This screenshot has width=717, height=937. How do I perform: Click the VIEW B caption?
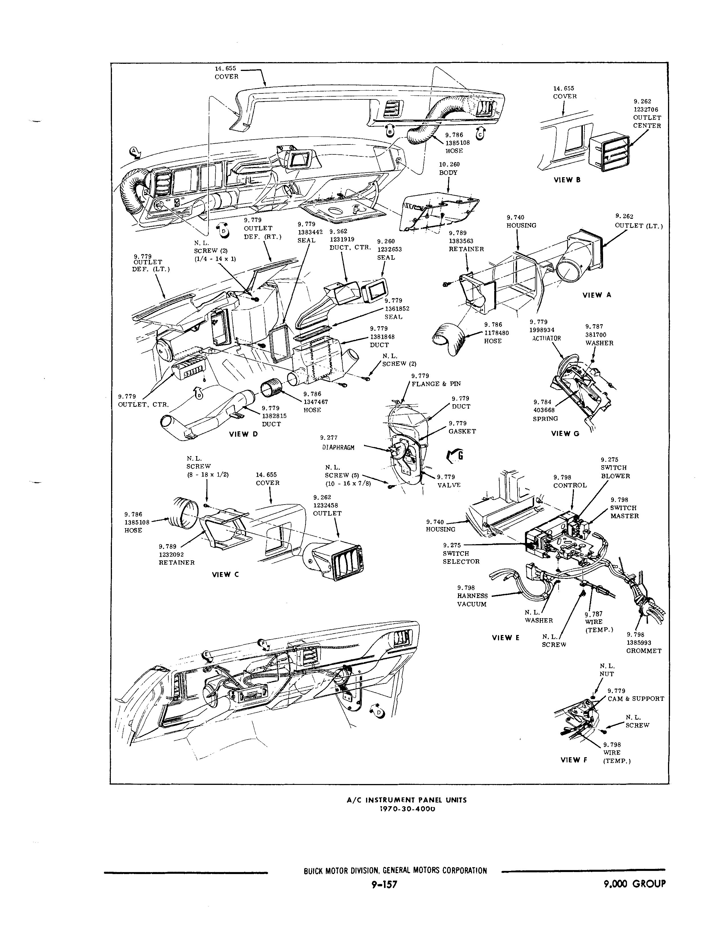pos(567,180)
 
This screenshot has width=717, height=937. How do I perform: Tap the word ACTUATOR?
pos(546,338)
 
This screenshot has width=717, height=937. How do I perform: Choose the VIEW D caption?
pos(243,434)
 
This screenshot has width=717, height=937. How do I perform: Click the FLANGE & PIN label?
pos(436,384)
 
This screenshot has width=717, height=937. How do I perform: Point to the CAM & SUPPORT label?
pos(636,699)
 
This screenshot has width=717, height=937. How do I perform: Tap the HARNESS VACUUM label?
pos(472,600)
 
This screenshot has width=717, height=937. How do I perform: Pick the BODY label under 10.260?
pos(448,173)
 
